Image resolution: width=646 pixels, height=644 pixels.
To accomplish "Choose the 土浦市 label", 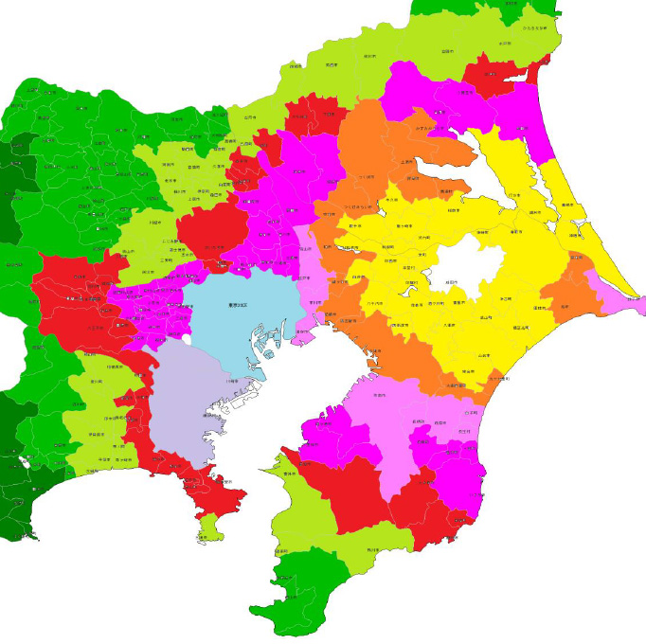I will (x=406, y=163).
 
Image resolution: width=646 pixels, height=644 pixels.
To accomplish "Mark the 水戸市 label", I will (x=465, y=93).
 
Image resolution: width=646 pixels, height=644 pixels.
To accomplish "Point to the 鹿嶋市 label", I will (x=521, y=128).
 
